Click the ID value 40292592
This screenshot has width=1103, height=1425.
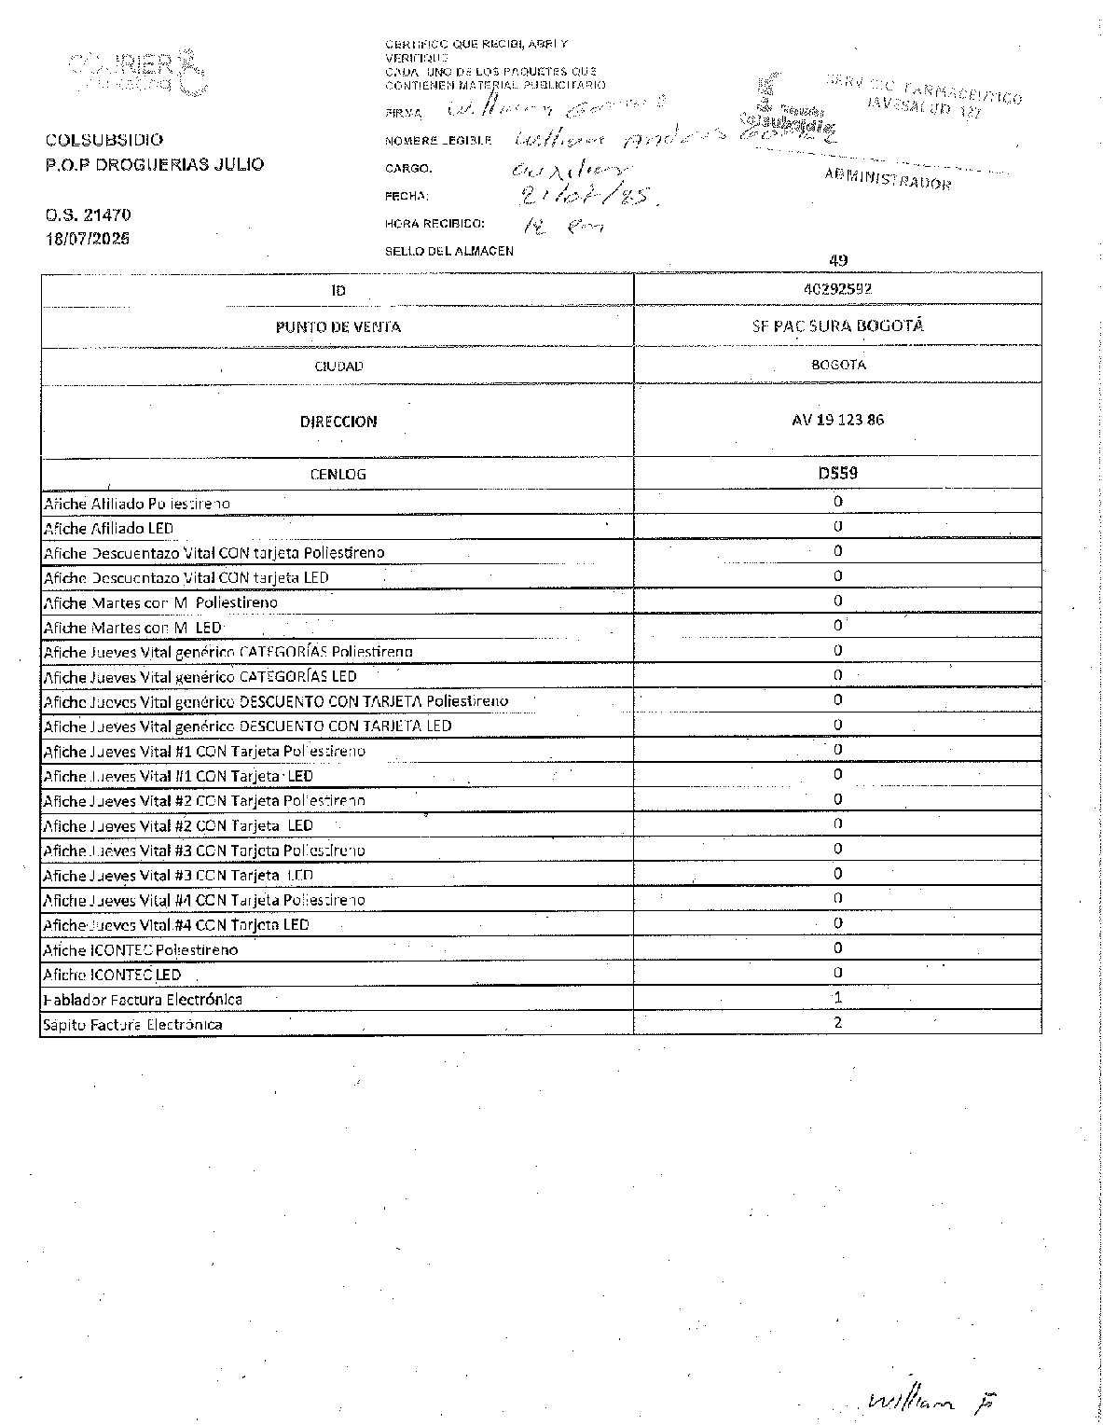click(x=837, y=289)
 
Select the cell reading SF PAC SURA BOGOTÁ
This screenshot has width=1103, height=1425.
click(x=837, y=326)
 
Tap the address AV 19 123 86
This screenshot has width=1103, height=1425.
click(x=837, y=420)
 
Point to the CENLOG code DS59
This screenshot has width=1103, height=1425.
click(x=837, y=473)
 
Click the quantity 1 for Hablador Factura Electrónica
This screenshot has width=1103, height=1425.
click(x=837, y=998)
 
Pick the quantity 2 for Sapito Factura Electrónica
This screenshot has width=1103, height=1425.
click(x=837, y=1022)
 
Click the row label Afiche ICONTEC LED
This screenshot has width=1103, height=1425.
click(x=112, y=975)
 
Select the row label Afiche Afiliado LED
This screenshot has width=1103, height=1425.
click(x=108, y=528)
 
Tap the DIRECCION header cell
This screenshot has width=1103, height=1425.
click(x=338, y=422)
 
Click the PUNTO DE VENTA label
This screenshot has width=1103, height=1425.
click(x=338, y=327)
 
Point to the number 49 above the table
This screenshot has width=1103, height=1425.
click(x=837, y=261)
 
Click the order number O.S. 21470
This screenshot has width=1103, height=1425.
click(x=88, y=214)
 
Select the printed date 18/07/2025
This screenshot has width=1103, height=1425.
click(x=88, y=239)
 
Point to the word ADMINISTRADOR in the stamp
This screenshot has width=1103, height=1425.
click(x=888, y=178)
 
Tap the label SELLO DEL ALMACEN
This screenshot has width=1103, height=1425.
click(x=448, y=251)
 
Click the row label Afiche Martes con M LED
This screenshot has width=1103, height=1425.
click(x=132, y=628)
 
